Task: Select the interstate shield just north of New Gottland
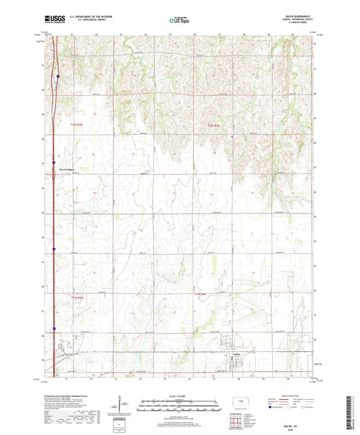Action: click(54, 161)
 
